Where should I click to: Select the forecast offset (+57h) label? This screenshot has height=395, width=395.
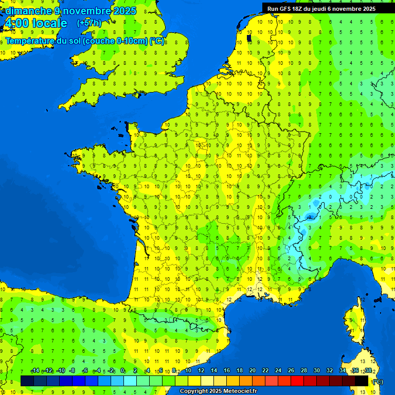(88, 23)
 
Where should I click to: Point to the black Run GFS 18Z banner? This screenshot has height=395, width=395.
(321, 8)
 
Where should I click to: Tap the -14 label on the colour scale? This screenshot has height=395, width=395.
(35, 371)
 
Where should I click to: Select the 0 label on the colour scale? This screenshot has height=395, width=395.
(122, 371)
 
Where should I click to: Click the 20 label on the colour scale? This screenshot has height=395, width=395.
(253, 371)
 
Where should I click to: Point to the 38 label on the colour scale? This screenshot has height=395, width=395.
(368, 371)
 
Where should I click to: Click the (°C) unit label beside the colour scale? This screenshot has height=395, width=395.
(377, 382)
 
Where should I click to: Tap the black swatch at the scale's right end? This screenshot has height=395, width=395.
(362, 381)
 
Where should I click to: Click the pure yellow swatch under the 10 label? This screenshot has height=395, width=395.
(194, 381)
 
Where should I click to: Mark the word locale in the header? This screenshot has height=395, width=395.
(49, 23)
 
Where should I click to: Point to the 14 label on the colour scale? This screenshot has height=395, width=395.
(214, 371)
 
